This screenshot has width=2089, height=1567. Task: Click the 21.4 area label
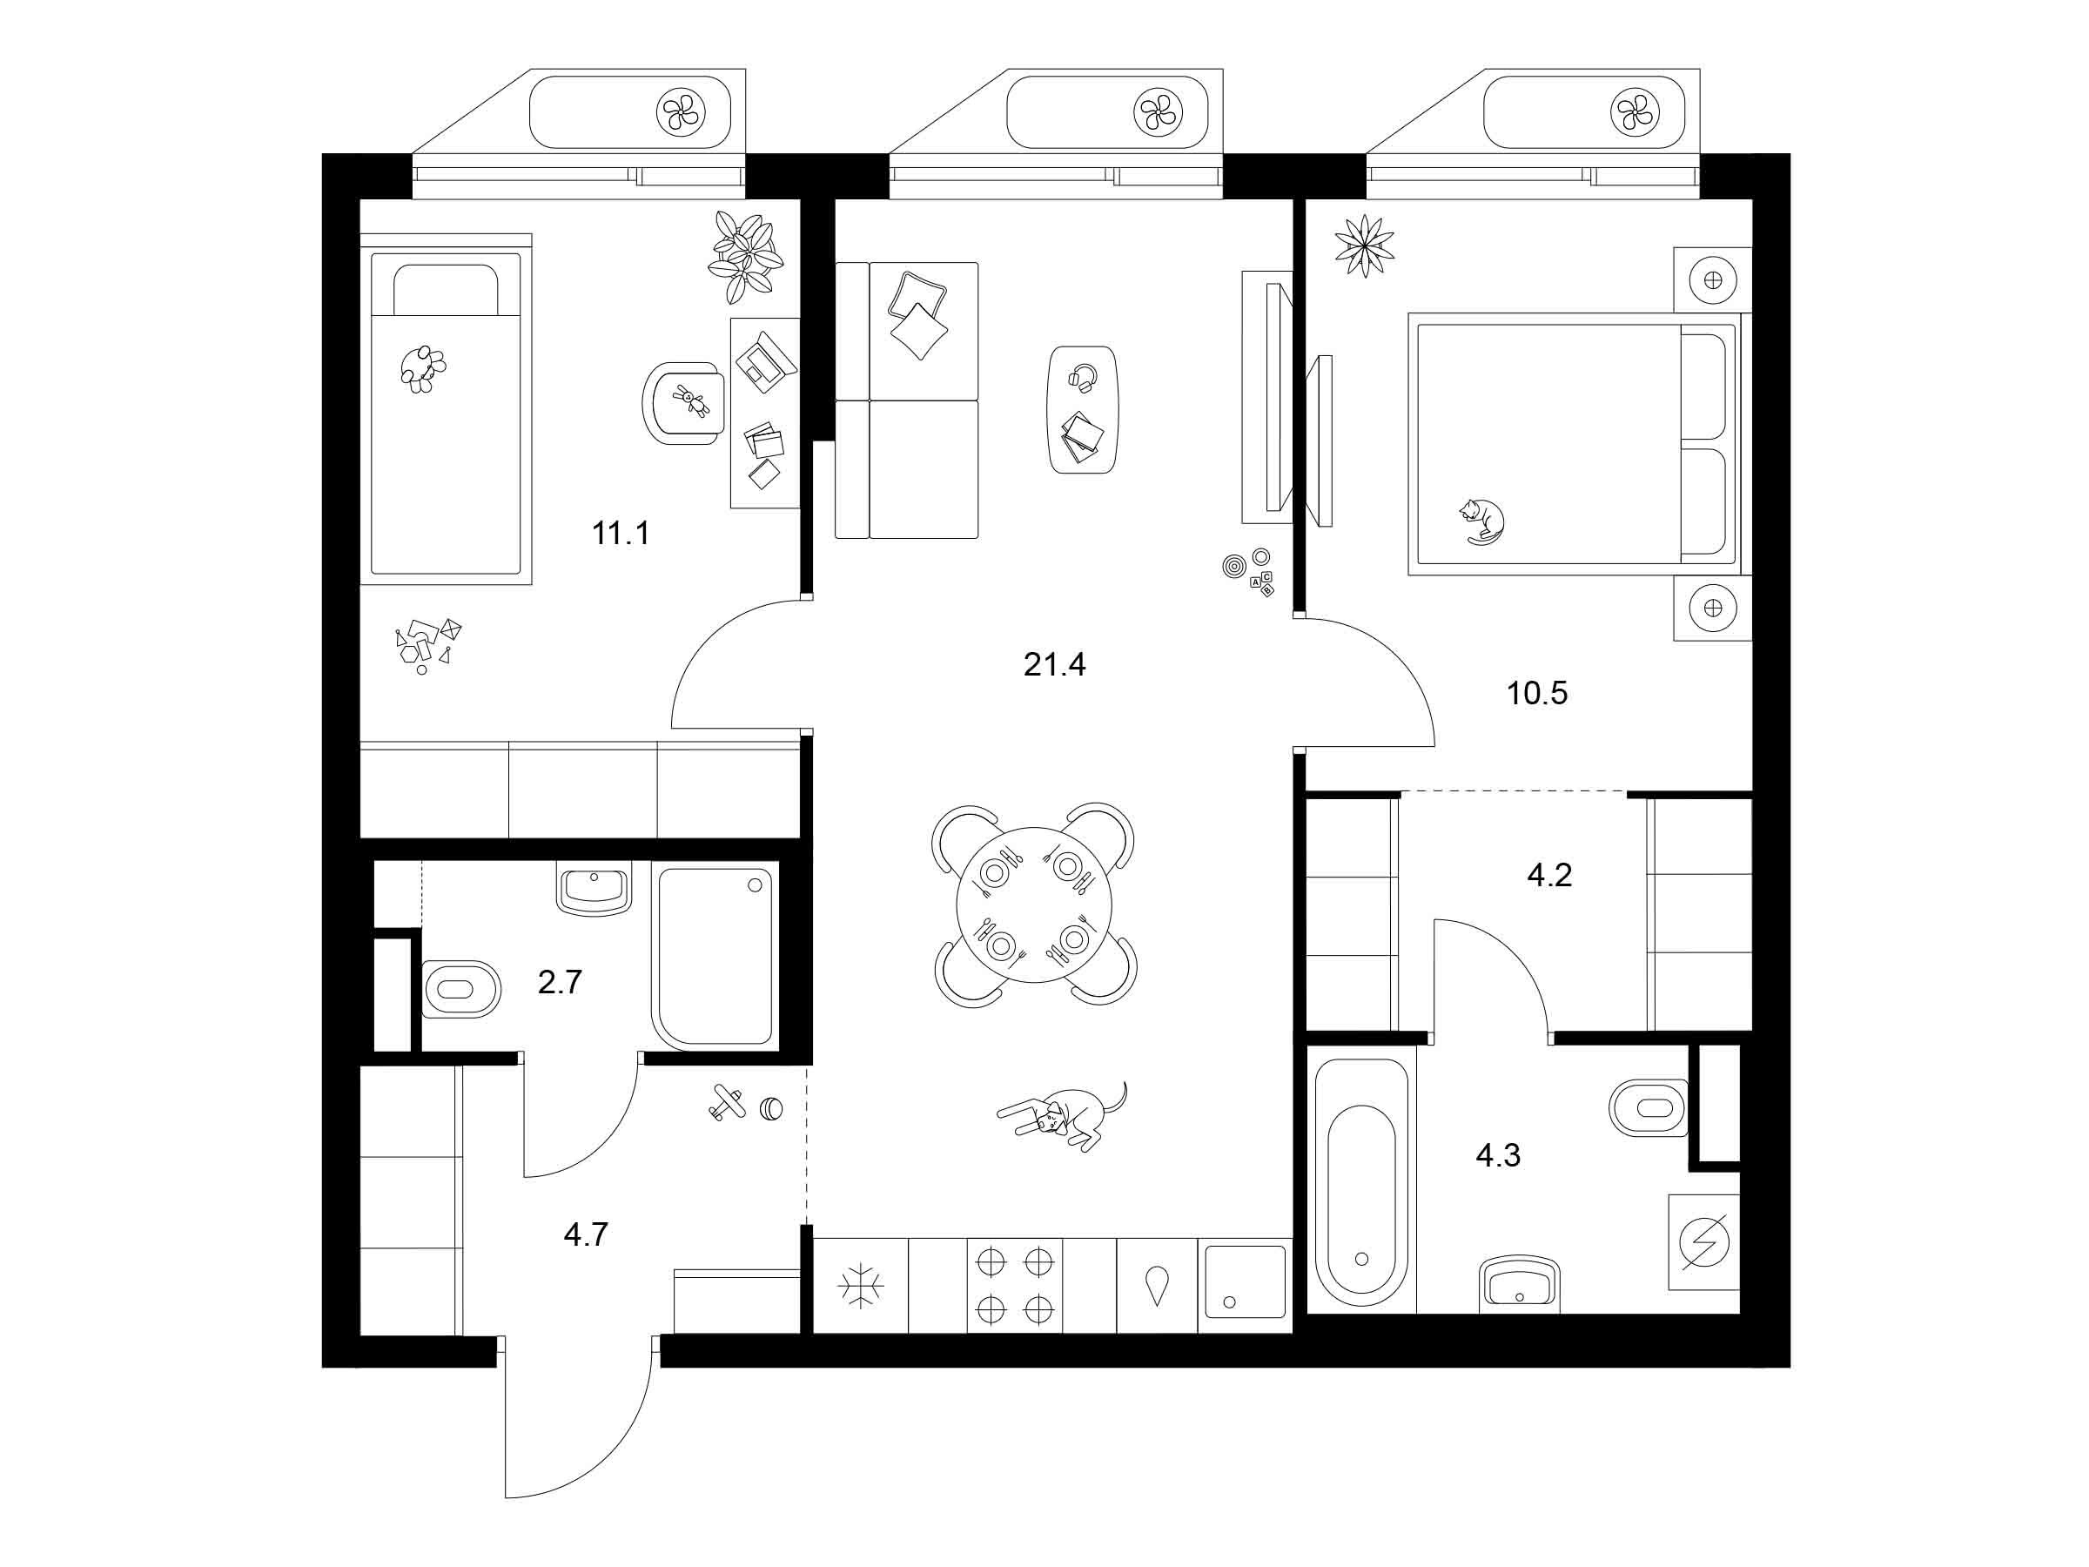1054,665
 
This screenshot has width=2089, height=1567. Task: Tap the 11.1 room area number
621,534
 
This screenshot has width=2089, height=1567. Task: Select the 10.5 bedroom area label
1536,693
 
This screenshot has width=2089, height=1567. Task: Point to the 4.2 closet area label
1548,875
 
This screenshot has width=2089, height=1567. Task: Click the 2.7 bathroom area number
559,982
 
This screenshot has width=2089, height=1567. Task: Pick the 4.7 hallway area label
586,1234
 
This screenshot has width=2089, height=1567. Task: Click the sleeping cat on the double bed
1481,521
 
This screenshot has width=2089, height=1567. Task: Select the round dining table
1034,905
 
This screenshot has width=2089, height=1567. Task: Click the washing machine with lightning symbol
1704,1243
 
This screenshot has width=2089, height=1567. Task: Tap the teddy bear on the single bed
422,368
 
